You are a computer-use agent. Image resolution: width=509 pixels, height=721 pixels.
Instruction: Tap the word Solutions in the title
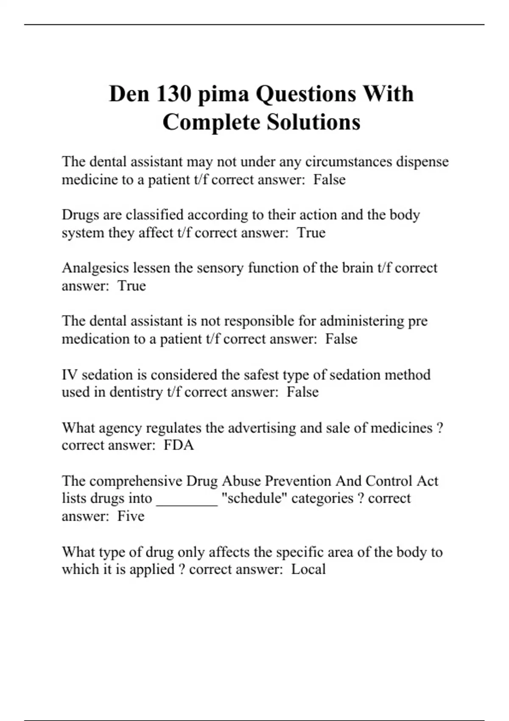tap(313, 122)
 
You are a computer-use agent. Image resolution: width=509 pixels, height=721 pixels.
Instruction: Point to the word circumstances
tap(349, 162)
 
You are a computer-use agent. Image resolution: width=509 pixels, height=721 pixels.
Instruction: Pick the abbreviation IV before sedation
tap(70, 374)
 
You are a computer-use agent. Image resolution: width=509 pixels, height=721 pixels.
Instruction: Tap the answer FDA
tap(179, 445)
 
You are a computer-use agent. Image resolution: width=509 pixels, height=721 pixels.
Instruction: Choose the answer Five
tap(131, 516)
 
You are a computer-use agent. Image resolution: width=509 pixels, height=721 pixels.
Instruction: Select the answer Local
tap(308, 569)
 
